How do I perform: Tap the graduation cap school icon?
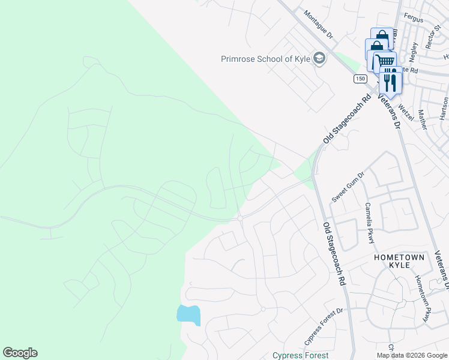319,59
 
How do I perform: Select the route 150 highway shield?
360,79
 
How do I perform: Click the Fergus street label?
414,20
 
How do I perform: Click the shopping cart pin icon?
385,61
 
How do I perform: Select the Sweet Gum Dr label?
348,188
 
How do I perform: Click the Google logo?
20,353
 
